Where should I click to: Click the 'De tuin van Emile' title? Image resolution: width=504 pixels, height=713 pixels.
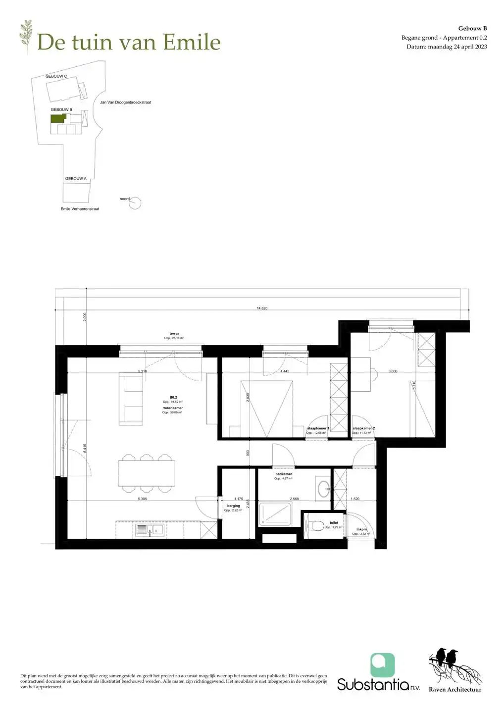click(x=129, y=42)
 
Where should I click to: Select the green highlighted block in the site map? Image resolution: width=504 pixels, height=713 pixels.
click(x=57, y=119)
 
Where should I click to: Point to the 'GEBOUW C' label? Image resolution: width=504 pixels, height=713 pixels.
click(x=56, y=76)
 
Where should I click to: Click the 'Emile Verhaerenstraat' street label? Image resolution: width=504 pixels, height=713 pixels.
click(x=80, y=209)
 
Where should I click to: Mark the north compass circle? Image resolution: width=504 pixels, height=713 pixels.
click(x=135, y=203)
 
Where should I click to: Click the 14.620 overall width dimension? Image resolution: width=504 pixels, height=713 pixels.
click(x=262, y=308)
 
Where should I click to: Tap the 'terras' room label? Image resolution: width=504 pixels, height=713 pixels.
click(x=174, y=334)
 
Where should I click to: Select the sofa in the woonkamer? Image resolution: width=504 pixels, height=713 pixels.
click(x=131, y=399)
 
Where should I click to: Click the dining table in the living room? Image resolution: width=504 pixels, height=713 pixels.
click(x=147, y=473)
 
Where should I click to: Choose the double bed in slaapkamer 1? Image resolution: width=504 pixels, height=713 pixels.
click(x=266, y=408)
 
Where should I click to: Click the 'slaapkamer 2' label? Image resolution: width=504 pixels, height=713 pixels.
click(x=363, y=428)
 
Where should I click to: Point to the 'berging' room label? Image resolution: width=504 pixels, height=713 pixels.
click(x=233, y=506)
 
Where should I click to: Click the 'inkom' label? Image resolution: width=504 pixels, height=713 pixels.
click(x=362, y=529)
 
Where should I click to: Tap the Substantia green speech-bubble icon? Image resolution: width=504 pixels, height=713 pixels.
click(x=383, y=665)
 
